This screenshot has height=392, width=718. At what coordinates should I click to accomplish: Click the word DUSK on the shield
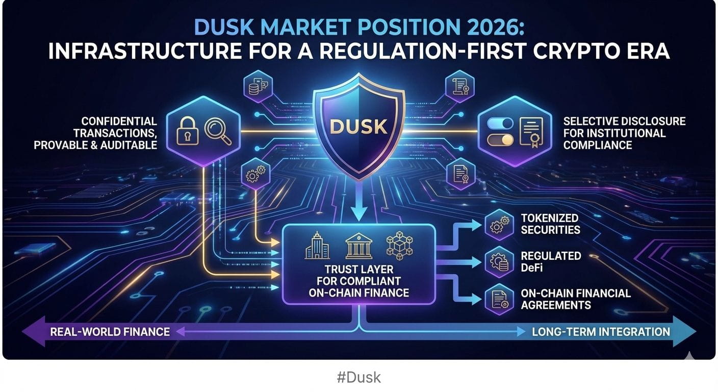click(x=358, y=127)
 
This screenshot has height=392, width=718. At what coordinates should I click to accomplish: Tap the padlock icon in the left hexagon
click(x=188, y=131)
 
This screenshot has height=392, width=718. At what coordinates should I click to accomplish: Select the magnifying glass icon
click(x=218, y=131)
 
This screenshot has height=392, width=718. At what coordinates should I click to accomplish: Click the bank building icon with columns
click(x=358, y=246)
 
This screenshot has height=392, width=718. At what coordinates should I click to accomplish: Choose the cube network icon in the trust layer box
click(x=399, y=246)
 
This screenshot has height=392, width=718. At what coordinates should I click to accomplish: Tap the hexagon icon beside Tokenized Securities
click(x=499, y=225)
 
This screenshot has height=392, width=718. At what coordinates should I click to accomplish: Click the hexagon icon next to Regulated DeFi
click(x=499, y=262)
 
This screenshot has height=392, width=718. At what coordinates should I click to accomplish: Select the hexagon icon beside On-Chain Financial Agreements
click(x=499, y=299)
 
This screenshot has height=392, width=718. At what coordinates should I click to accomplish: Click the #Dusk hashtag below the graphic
click(x=358, y=377)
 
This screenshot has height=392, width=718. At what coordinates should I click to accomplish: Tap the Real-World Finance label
click(x=110, y=332)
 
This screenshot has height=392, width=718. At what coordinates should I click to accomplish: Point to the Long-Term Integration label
click(x=601, y=332)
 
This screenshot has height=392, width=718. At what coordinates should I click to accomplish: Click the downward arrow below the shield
click(x=358, y=201)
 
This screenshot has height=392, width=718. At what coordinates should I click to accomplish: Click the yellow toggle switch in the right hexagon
click(x=500, y=140)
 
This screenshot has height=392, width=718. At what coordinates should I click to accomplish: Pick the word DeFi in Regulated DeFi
click(x=532, y=267)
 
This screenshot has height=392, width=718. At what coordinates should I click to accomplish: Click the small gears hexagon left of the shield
click(x=255, y=174)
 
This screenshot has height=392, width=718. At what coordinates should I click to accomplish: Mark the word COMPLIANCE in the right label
click(x=598, y=145)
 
